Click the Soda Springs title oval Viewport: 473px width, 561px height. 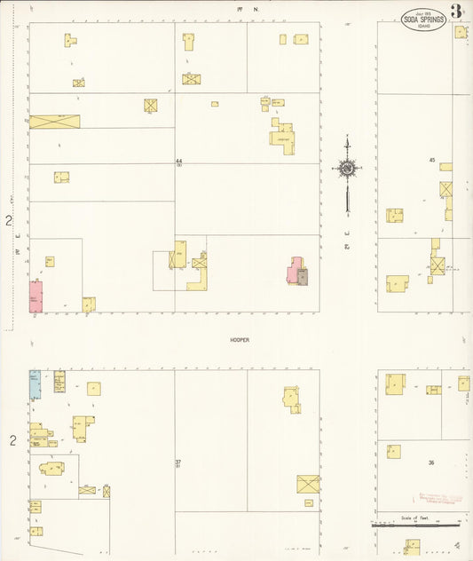pyautogui.click(x=423, y=20)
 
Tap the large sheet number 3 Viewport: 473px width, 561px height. pyautogui.click(x=456, y=12)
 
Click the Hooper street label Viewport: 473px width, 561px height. pyautogui.click(x=238, y=339)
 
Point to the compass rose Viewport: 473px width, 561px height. pyautogui.click(x=347, y=167)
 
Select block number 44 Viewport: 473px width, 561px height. pyautogui.click(x=178, y=161)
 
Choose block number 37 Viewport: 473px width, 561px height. pyautogui.click(x=177, y=462)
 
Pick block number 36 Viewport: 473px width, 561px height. pyautogui.click(x=430, y=462)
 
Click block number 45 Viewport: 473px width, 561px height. pyautogui.click(x=432, y=161)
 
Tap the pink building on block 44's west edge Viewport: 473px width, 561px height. pyautogui.click(x=36, y=296)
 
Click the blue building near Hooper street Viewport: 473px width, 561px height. pyautogui.click(x=35, y=384)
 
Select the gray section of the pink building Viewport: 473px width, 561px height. pyautogui.click(x=303, y=277)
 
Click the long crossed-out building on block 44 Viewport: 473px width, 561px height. pyautogui.click(x=54, y=122)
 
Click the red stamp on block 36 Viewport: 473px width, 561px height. pyautogui.click(x=439, y=498)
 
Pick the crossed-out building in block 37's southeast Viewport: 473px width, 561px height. pyautogui.click(x=309, y=485)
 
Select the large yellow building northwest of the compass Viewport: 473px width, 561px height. pyautogui.click(x=284, y=138)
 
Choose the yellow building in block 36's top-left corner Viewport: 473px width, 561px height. pyautogui.click(x=395, y=383)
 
